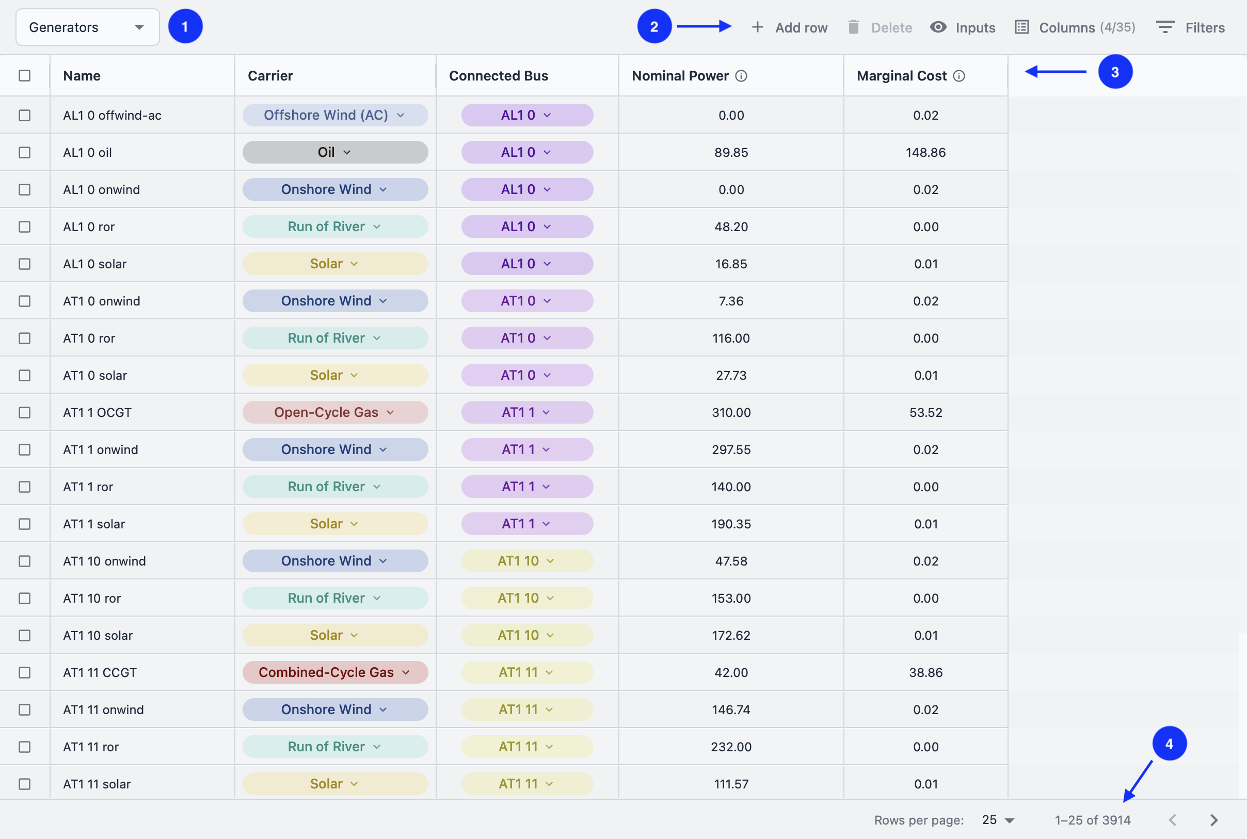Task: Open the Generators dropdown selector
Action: pyautogui.click(x=87, y=27)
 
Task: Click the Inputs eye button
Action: pyautogui.click(x=962, y=27)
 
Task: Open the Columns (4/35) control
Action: pyautogui.click(x=1075, y=27)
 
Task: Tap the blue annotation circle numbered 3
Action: pyautogui.click(x=1115, y=72)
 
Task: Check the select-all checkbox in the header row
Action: pyautogui.click(x=25, y=75)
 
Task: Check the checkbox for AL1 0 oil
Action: pyautogui.click(x=25, y=153)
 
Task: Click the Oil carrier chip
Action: pyautogui.click(x=334, y=153)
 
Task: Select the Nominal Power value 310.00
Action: pyautogui.click(x=730, y=413)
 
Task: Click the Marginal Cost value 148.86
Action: pyautogui.click(x=925, y=153)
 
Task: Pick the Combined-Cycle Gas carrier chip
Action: pyautogui.click(x=334, y=672)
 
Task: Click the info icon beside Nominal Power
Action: pyautogui.click(x=741, y=76)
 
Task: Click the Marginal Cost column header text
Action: pyautogui.click(x=901, y=76)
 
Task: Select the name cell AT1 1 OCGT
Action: pyautogui.click(x=98, y=413)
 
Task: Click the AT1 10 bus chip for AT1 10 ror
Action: pyautogui.click(x=526, y=598)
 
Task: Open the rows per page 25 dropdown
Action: pyautogui.click(x=998, y=820)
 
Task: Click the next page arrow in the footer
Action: pyautogui.click(x=1214, y=820)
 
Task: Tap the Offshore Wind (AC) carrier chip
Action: pyautogui.click(x=334, y=115)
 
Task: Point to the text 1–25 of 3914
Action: pyautogui.click(x=1092, y=820)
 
